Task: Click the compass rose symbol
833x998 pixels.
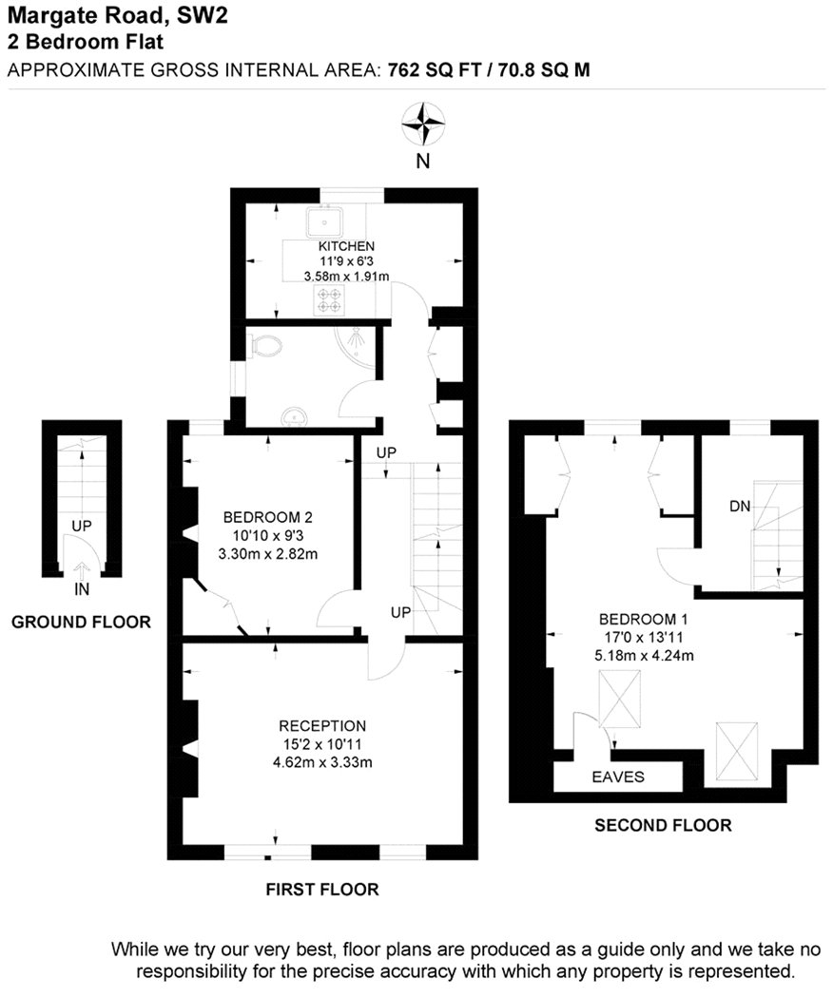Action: [423, 124]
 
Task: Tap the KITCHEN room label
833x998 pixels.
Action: [346, 245]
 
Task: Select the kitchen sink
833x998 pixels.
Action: [325, 222]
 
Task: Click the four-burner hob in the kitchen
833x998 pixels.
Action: [329, 299]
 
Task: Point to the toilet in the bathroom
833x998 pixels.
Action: [266, 347]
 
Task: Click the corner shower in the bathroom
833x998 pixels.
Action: [358, 348]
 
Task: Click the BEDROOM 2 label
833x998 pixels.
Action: [267, 517]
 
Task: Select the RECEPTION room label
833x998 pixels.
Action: [322, 725]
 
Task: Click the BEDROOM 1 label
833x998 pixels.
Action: [643, 619]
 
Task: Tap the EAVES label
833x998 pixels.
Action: [618, 777]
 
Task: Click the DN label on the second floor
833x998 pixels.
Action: [740, 507]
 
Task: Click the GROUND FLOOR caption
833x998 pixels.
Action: [81, 622]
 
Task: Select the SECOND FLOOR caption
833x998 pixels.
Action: [663, 826]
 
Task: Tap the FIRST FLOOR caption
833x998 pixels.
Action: [322, 889]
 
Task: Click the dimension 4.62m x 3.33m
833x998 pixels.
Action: [322, 762]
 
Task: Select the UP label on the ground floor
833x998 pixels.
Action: [82, 527]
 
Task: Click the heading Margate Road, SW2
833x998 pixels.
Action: [117, 14]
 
